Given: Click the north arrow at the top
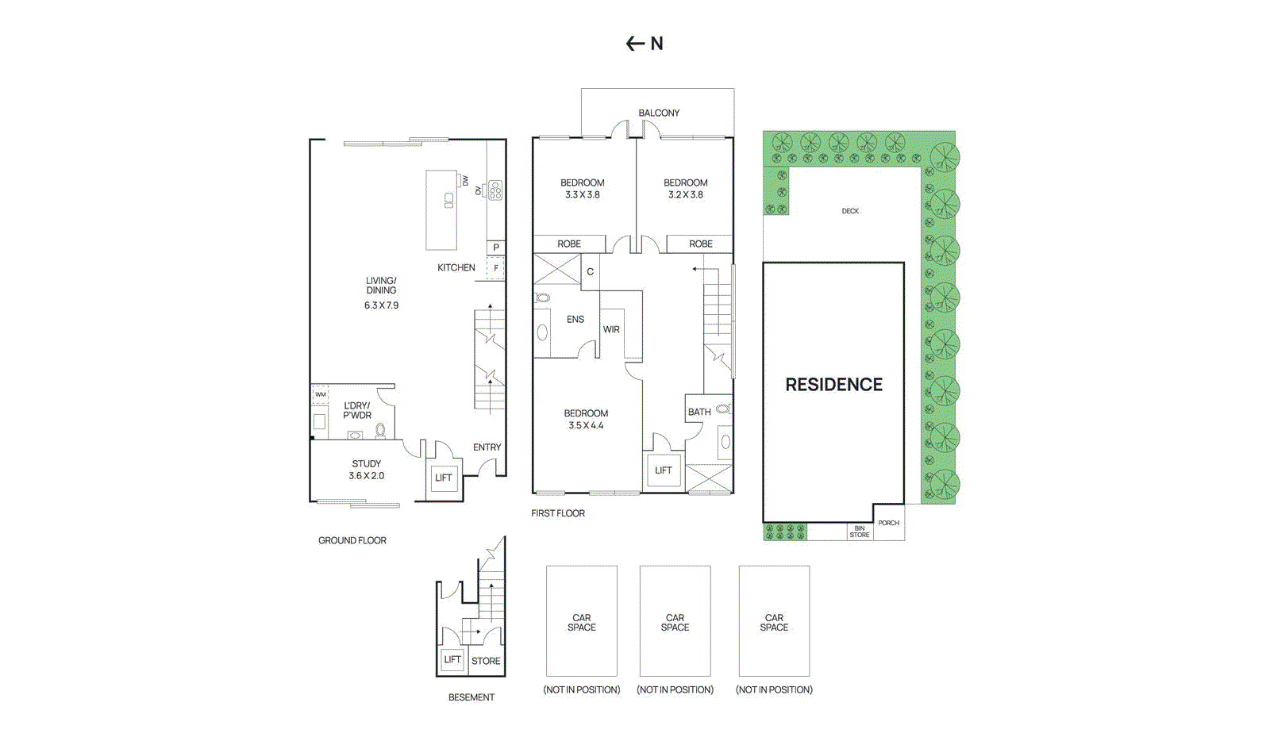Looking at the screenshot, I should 635,44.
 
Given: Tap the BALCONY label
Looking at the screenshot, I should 659,113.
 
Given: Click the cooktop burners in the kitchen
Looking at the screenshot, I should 495,190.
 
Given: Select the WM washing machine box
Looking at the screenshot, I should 320,394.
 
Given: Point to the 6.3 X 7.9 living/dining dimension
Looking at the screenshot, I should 381,305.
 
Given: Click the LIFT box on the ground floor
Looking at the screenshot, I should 444,478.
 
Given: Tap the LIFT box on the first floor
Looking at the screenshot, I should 664,470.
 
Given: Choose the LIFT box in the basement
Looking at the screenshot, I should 452,659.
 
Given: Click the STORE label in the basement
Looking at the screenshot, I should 486,661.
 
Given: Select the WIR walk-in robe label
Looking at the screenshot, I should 611,329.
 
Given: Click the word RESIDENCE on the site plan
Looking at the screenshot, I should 833,385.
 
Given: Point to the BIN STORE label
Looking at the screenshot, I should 860,532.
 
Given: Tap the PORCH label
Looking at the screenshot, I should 889,523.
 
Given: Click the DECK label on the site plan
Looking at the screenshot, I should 850,211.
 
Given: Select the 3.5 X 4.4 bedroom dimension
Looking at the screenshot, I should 586,426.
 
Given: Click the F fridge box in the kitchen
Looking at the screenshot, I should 496,268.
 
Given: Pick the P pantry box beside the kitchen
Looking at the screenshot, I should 496,248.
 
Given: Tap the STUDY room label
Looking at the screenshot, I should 367,463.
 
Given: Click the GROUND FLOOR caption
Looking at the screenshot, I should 352,540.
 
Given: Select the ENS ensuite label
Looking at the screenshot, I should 575,320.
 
